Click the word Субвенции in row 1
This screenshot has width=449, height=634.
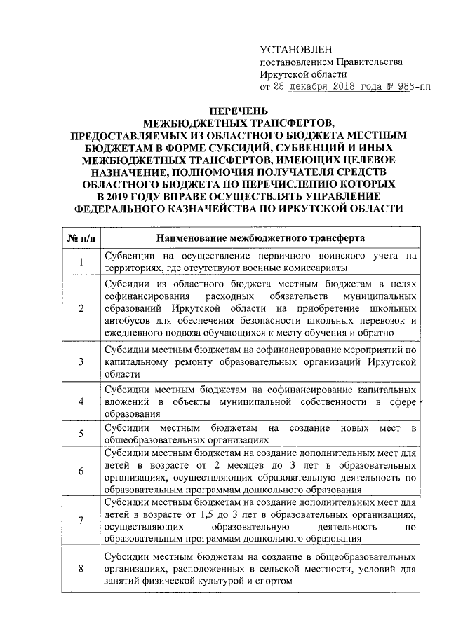click(x=128, y=256)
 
